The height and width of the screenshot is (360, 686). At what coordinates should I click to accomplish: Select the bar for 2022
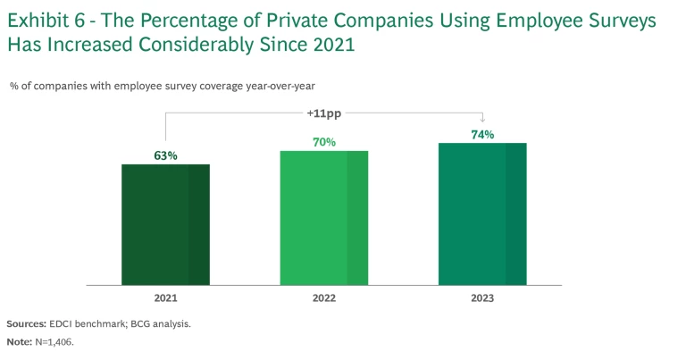(324, 218)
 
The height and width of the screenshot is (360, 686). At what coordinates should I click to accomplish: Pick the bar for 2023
(482, 214)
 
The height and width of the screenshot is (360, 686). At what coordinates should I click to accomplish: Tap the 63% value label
(166, 155)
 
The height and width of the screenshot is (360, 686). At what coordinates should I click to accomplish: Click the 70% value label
(324, 142)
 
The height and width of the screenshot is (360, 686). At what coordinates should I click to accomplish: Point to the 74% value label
(482, 135)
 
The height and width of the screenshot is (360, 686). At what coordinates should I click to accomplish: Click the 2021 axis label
(166, 298)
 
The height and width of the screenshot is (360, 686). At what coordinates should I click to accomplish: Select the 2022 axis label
(324, 298)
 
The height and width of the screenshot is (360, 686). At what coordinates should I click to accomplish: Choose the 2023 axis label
(482, 298)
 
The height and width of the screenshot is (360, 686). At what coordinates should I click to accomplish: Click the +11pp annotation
(323, 113)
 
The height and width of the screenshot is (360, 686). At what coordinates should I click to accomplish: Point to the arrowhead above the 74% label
(482, 121)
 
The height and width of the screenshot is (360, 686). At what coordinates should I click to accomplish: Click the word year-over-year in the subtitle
(277, 86)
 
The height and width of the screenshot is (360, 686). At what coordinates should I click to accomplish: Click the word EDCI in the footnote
(72, 323)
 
